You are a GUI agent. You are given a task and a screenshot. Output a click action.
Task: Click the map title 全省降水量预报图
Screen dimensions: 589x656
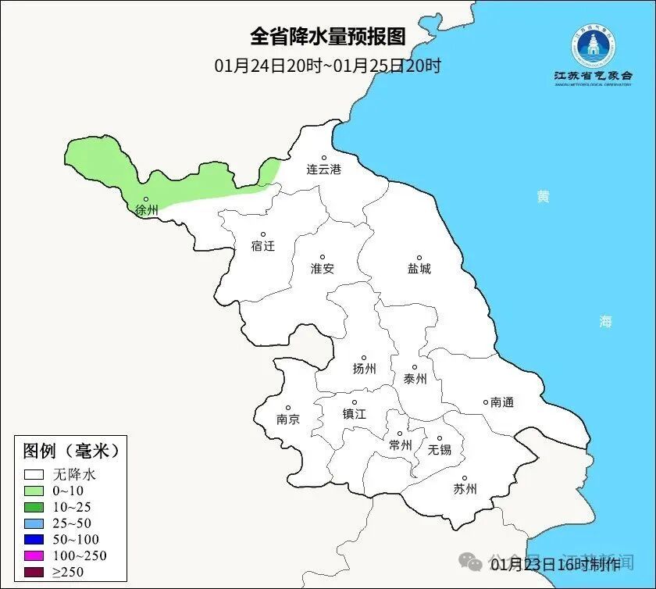pos(328,37)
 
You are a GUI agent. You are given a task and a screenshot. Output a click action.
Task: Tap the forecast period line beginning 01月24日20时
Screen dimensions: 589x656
pos(328,66)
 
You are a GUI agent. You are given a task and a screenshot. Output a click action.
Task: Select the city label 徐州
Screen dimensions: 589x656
pos(147,210)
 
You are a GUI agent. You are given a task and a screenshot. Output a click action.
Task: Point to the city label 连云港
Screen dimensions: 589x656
pos(323,169)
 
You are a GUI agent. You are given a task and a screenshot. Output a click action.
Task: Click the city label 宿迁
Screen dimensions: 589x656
pos(263,246)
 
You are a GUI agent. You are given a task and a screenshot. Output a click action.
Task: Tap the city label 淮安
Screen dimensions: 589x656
pos(323,269)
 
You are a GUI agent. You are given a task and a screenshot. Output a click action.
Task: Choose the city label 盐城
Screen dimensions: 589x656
pos(419,269)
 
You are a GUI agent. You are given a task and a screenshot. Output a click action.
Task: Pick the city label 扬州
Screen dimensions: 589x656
pos(365,369)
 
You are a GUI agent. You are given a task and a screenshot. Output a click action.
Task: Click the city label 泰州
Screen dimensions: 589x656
pos(415,379)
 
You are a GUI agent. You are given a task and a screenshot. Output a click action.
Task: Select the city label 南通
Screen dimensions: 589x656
pos(502,402)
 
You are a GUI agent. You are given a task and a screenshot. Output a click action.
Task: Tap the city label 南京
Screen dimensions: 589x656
pos(288,419)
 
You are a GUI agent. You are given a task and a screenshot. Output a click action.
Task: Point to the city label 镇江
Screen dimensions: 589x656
pos(355,414)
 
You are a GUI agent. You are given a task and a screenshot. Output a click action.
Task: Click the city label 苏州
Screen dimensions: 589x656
pos(465,490)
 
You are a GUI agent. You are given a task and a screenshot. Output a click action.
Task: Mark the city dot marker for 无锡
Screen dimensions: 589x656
pos(440,439)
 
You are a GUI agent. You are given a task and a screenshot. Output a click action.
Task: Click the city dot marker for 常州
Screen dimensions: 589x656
pos(400,434)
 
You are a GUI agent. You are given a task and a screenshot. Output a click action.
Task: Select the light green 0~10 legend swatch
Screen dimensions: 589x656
pos(34,491)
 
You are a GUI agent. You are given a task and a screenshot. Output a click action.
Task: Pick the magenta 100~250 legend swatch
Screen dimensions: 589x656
pos(34,555)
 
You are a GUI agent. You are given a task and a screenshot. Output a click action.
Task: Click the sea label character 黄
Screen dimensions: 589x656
pos(543,196)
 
